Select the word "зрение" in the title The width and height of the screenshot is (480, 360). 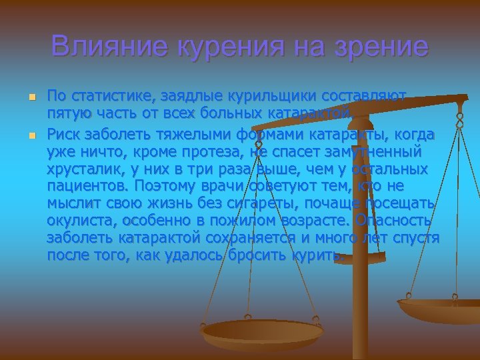click(383, 47)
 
